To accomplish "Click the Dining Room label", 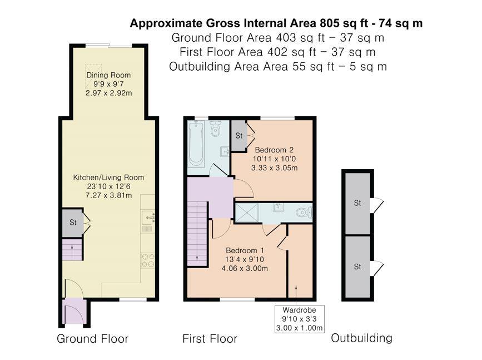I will point(108,75).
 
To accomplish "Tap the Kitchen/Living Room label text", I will point(108,177).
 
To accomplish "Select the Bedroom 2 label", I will point(274,150).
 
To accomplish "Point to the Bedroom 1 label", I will point(244,250).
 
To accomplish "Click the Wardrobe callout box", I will point(299,318).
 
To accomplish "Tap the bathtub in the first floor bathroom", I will point(196,144).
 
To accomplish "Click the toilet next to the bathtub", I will point(216,129).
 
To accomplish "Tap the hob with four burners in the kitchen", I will point(148,260).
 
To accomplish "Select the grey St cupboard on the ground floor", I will point(72,223).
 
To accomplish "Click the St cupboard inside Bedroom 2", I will point(238,135).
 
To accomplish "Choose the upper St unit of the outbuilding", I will point(357,203).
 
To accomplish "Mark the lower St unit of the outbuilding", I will point(357,267).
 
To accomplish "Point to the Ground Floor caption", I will point(92,339).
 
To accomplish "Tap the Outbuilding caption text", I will point(361,338).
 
